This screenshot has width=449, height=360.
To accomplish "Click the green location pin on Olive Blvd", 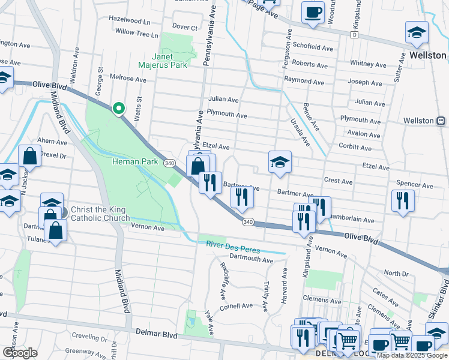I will coord(119,108).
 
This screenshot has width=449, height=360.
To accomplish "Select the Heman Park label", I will coord(134,162).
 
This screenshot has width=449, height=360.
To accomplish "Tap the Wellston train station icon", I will coord(441,121).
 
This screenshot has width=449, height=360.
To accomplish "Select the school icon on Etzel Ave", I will coord(279,163).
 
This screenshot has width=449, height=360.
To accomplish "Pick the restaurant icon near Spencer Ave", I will coord(402,200).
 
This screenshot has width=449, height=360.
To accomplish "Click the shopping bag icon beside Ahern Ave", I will coord(30,157).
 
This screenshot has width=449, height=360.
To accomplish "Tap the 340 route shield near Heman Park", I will coord(170,163).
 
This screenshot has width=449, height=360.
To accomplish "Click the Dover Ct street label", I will coord(184,27).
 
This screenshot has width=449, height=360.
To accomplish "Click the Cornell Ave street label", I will coord(236,305).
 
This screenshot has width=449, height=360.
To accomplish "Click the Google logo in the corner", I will coord(20,352).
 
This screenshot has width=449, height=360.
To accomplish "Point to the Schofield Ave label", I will coord(312,47).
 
